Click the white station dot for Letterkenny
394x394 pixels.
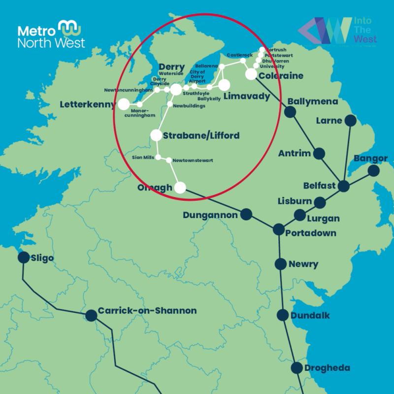pyautogui.click(x=123, y=104)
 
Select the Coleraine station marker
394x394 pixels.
pyautogui.click(x=251, y=74)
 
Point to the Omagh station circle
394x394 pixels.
pyautogui.click(x=180, y=187)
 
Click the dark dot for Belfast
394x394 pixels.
pyautogui.click(x=343, y=187)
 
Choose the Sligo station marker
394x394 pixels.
pyautogui.click(x=23, y=258)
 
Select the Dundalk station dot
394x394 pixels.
pyautogui.click(x=282, y=315)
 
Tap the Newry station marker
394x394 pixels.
pyautogui.click(x=280, y=263)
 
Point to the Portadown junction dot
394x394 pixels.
pyautogui.click(x=278, y=229)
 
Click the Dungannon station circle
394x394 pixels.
pyautogui.click(x=246, y=215)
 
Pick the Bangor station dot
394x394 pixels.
pyautogui.click(x=374, y=170)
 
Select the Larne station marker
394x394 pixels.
pyautogui.click(x=350, y=120)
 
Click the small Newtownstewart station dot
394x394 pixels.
pyautogui.click(x=168, y=161)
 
